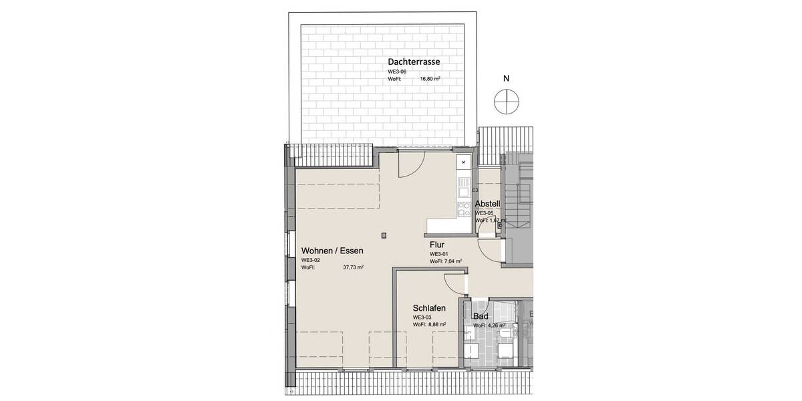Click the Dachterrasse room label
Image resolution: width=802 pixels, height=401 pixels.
coord(414,61)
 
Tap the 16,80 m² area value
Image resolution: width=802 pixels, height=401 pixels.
coord(430,79)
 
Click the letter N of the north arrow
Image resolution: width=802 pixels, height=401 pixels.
coord(506,78)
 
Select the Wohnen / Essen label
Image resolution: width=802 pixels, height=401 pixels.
coord(332,251)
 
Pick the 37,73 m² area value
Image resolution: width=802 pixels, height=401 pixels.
coord(353,267)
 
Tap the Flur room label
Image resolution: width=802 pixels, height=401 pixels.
coord(437,245)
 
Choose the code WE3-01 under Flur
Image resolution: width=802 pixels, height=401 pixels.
coord(438,255)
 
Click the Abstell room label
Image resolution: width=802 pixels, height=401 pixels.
coord(487,204)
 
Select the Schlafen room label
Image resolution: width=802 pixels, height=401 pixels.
coord(429,307)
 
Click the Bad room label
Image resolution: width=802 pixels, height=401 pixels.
coord(480,316)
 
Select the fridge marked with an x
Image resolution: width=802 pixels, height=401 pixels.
coord(462,162)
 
